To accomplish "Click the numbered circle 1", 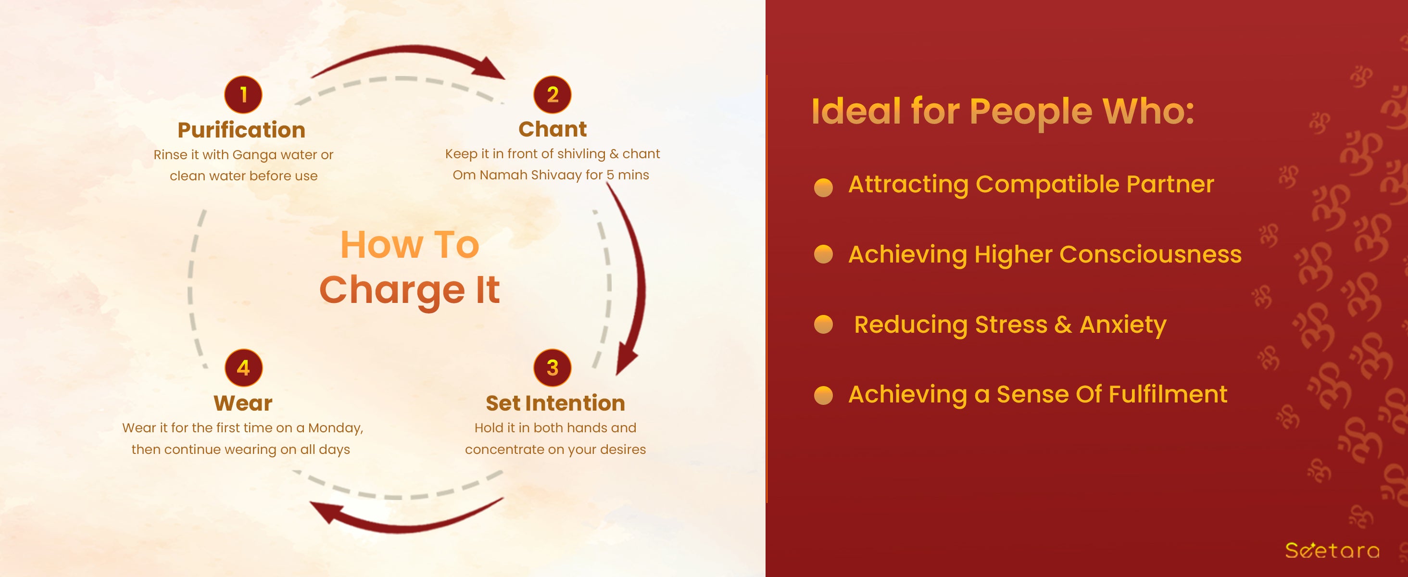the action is [243, 95].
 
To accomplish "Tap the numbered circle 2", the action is [553, 95].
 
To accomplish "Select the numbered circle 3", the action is [553, 368].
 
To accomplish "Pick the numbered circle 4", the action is [243, 368].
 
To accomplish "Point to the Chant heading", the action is [553, 129].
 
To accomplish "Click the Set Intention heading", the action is [555, 403].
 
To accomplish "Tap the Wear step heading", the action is [243, 403].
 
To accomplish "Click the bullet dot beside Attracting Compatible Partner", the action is [823, 187].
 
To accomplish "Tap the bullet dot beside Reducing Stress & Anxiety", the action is [823, 324].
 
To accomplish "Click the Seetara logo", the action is [1332, 550].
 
